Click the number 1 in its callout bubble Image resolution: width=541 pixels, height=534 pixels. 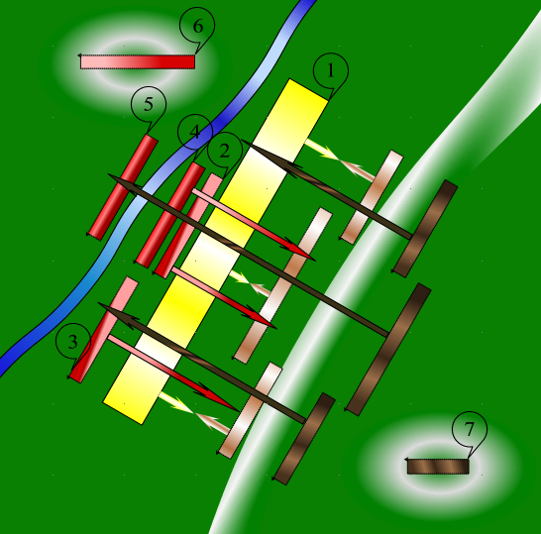pyautogui.click(x=331, y=71)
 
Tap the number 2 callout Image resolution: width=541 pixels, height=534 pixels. pyautogui.click(x=225, y=151)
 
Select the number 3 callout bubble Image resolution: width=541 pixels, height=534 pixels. pyautogui.click(x=72, y=342)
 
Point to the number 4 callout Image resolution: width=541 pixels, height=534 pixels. pyautogui.click(x=195, y=132)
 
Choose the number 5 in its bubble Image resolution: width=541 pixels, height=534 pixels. pyautogui.click(x=149, y=104)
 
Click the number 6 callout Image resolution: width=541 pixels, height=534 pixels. pyautogui.click(x=197, y=26)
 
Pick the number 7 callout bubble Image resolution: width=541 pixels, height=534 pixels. pyautogui.click(x=470, y=430)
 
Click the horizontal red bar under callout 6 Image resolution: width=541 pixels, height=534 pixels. pyautogui.click(x=138, y=61)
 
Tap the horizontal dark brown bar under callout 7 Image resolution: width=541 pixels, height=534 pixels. pyautogui.click(x=438, y=467)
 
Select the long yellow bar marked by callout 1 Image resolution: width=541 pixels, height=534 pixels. pyautogui.click(x=215, y=252)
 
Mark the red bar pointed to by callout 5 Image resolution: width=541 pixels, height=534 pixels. pyautogui.click(x=123, y=187)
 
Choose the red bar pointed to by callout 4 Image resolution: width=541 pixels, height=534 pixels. pyautogui.click(x=170, y=215)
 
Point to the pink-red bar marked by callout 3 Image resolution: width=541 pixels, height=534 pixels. pyautogui.click(x=104, y=330)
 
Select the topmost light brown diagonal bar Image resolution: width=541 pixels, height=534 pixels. pyautogui.click(x=372, y=196)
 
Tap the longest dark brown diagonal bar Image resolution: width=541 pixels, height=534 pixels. pyautogui.click(x=388, y=350)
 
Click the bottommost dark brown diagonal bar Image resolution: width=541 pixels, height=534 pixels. pyautogui.click(x=303, y=439)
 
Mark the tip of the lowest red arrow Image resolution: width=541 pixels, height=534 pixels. pyautogui.click(x=238, y=410)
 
